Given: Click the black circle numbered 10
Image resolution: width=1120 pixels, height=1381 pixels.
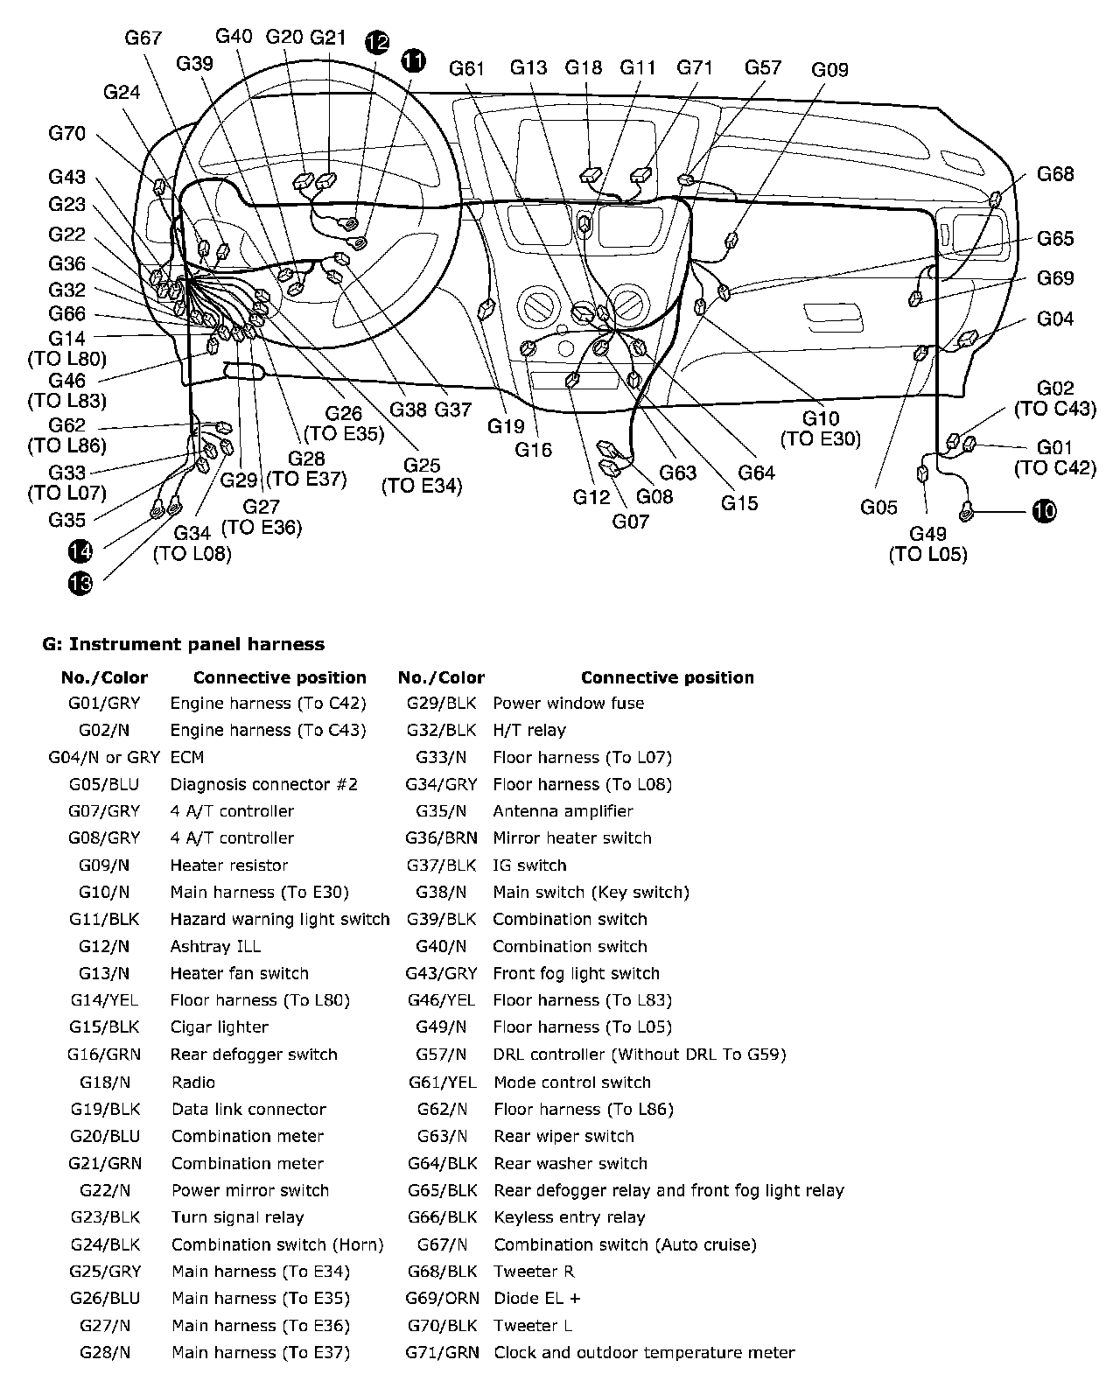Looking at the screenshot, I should pos(1044,511).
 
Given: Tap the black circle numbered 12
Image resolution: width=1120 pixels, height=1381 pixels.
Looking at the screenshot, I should pos(377,41).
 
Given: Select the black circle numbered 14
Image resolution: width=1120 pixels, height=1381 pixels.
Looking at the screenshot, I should pos(80,551).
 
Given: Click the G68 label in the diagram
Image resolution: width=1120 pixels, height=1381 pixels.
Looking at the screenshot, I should pos(1055,174).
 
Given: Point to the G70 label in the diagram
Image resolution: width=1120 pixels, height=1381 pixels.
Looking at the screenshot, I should pos(67,133).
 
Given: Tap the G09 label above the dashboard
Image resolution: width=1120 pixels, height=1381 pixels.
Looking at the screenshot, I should pos(829,69).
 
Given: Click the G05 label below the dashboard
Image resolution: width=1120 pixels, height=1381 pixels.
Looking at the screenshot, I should pos(878,507).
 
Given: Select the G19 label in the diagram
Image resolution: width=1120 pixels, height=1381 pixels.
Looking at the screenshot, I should pos(506,426).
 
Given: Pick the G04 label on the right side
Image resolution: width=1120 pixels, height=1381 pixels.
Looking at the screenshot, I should pos(1055,319).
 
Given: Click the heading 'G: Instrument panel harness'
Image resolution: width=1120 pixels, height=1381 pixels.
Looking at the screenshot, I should pos(184,644).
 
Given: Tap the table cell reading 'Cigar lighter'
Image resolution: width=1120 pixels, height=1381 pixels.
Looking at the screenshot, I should pos(219,1027).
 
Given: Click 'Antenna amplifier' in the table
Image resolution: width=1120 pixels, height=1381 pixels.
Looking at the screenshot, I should pos(563,811).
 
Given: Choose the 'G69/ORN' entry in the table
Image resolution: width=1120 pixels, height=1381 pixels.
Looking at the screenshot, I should pos(443,1298).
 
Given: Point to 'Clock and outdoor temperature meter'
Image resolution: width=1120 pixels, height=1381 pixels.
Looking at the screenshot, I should pos(644,1352).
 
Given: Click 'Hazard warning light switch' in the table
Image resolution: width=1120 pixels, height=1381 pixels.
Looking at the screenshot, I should pos(279,919).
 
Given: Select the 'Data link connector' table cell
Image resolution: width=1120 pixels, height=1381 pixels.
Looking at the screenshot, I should pos(248,1109).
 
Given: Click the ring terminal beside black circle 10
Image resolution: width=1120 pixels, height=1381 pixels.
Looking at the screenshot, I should pos(968,510).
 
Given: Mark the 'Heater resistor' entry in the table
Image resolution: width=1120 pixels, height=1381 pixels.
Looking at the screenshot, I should pos(228,866).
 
